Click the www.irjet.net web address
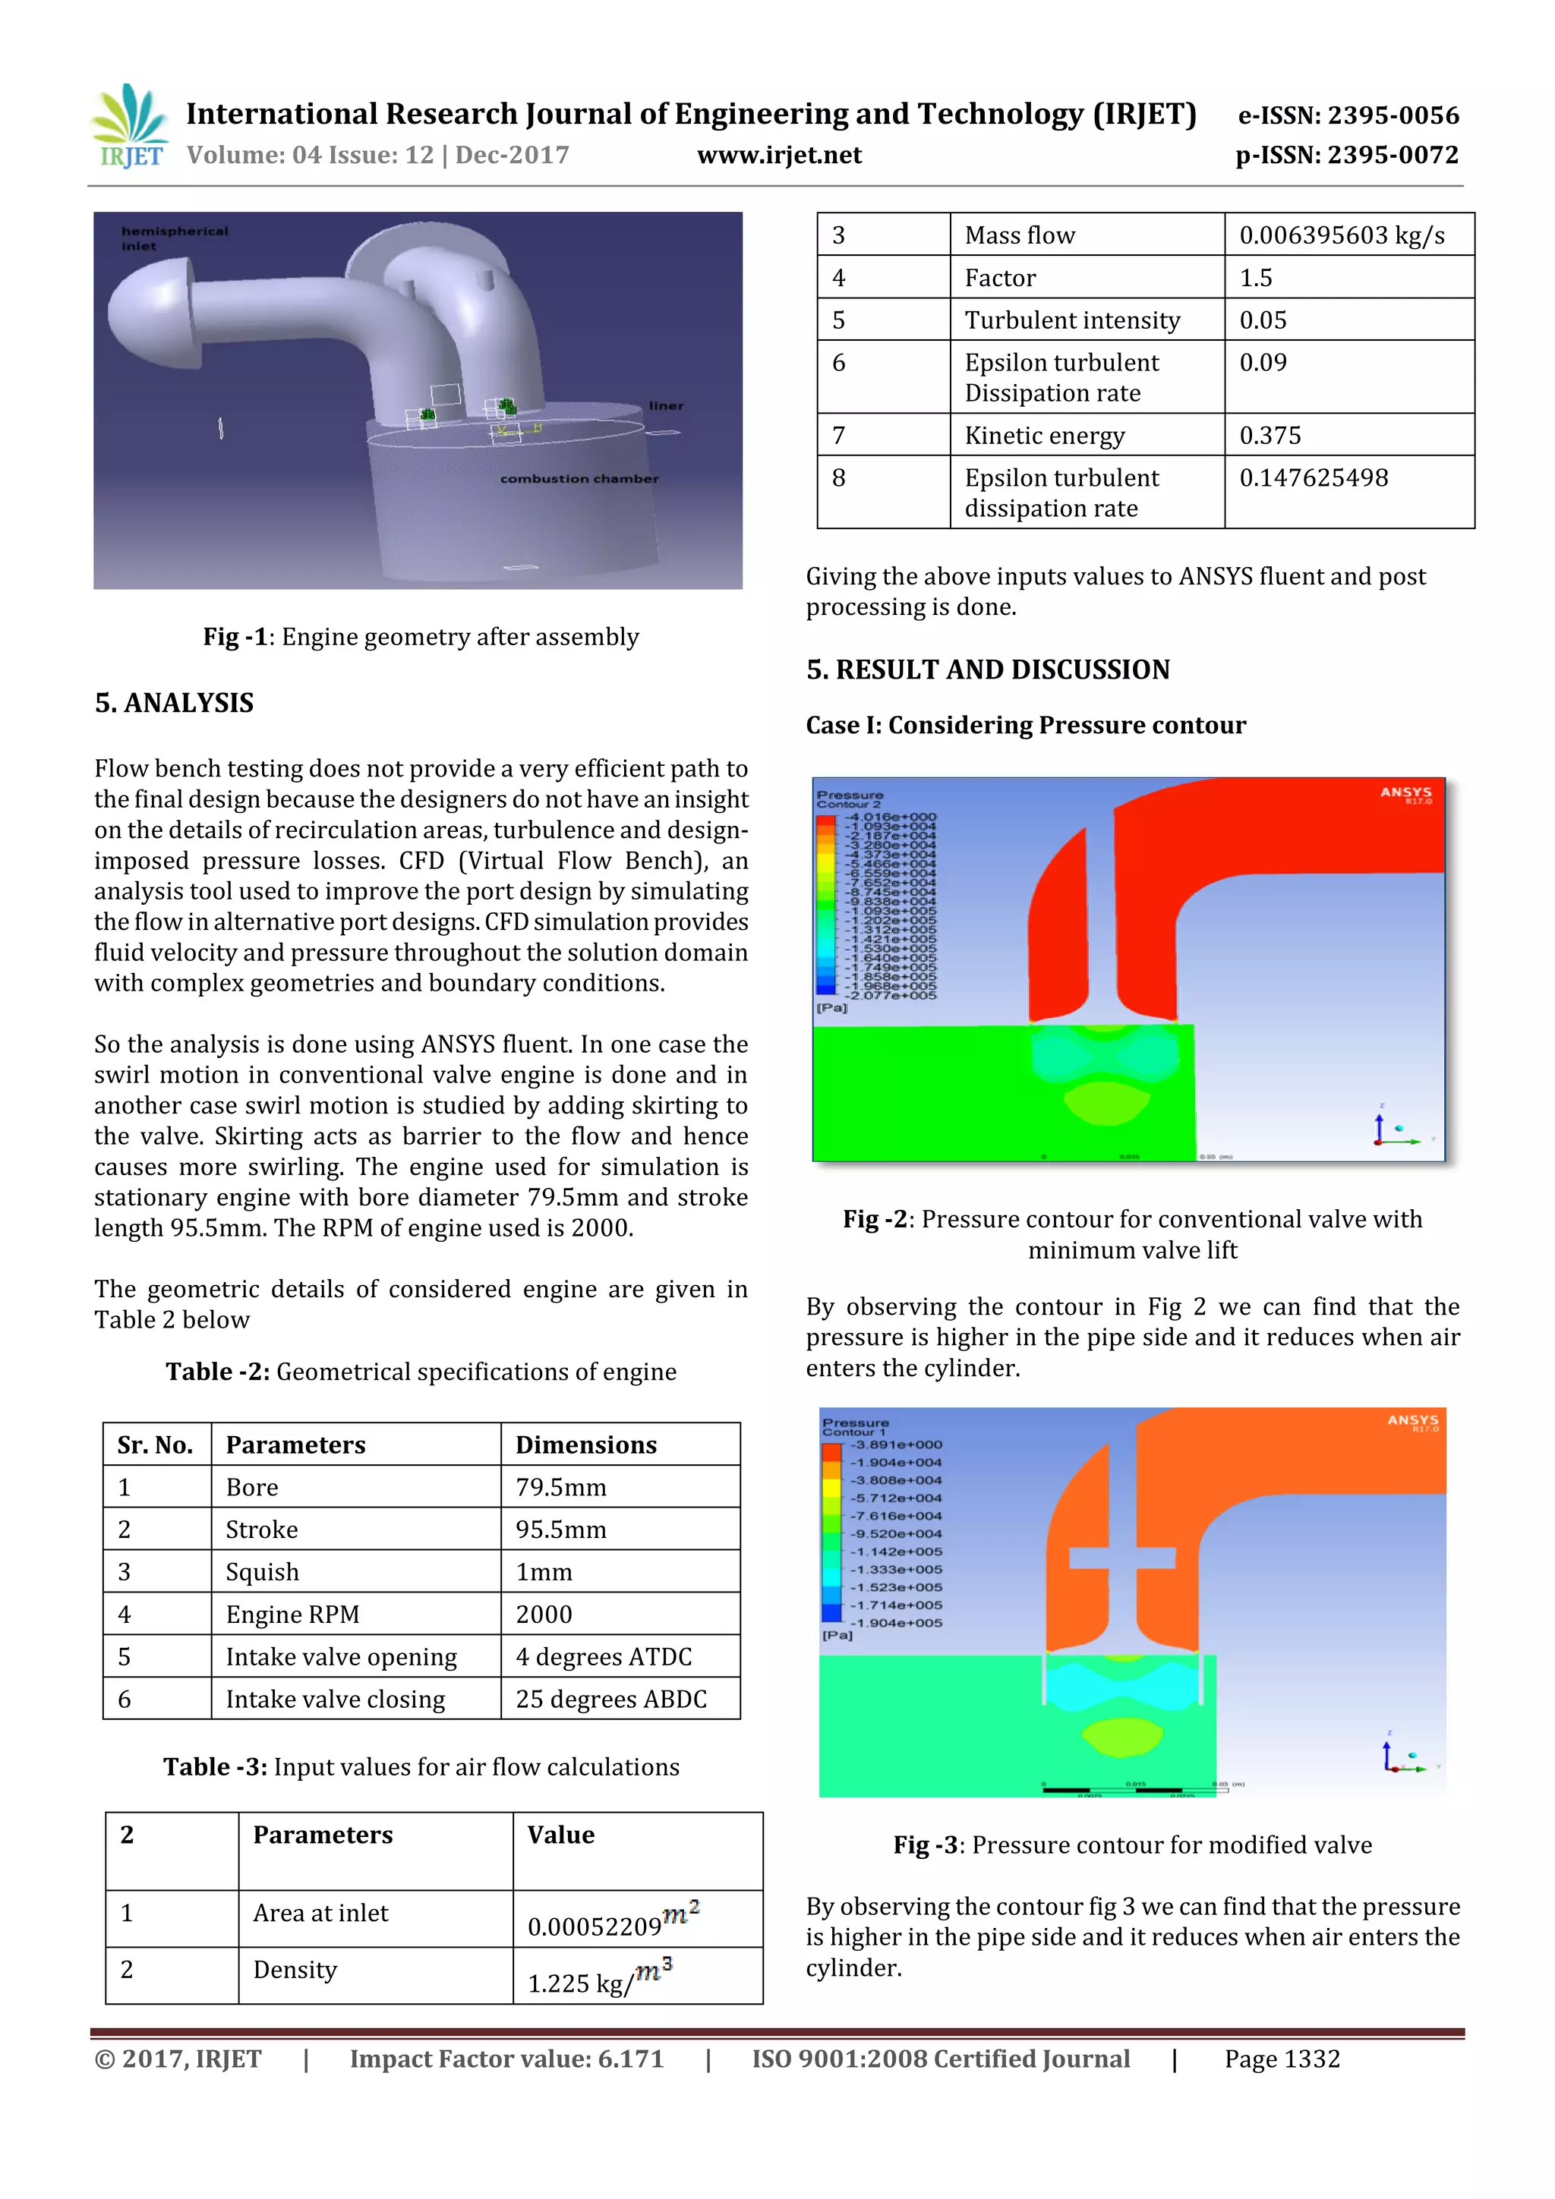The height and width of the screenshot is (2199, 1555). coord(779,155)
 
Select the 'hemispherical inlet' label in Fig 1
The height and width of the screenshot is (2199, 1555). coord(175,238)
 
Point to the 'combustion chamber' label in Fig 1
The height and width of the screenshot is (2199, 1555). coord(579,479)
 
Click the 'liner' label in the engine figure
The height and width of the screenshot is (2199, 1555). coord(666,406)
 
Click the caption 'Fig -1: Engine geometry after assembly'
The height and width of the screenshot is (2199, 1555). coord(421,637)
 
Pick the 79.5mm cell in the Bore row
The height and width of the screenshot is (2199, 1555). coord(560,1488)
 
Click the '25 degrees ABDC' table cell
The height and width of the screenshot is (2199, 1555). coord(610,1699)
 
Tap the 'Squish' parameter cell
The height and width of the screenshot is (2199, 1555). coord(263,1572)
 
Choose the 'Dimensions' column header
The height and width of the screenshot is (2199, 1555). coord(585,1445)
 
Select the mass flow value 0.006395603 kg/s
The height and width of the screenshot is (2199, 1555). coord(1342,235)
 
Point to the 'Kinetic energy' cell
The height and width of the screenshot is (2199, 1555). coord(1044,436)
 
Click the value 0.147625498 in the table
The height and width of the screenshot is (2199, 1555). coord(1313,478)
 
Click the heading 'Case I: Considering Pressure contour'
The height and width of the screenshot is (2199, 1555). coord(1025,725)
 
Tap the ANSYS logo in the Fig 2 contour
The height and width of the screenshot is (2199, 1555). coord(1405,794)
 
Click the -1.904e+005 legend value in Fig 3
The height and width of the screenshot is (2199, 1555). coord(897,1622)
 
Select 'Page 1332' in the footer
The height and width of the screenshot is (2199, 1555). coord(1281,2059)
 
